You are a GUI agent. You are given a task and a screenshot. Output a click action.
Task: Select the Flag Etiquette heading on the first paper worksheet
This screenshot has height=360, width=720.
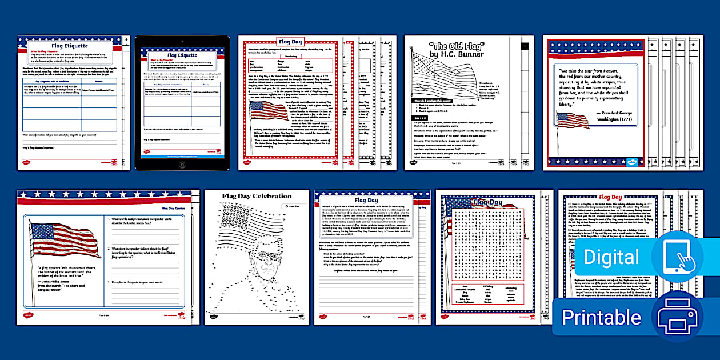(70, 46)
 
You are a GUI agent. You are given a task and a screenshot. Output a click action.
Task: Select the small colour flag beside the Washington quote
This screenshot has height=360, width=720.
(572, 119)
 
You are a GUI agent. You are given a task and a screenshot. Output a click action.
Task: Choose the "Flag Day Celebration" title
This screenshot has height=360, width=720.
(257, 196)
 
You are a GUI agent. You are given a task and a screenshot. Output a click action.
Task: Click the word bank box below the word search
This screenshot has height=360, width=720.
(487, 297)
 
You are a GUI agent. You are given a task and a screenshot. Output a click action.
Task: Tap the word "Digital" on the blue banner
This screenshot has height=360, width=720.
(611, 257)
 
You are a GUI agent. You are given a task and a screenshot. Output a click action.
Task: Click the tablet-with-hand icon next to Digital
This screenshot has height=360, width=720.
(677, 256)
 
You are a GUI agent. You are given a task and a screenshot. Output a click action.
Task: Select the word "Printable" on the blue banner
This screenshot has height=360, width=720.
(601, 317)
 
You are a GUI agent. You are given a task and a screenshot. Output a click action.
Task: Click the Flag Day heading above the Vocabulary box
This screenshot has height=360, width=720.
(290, 42)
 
